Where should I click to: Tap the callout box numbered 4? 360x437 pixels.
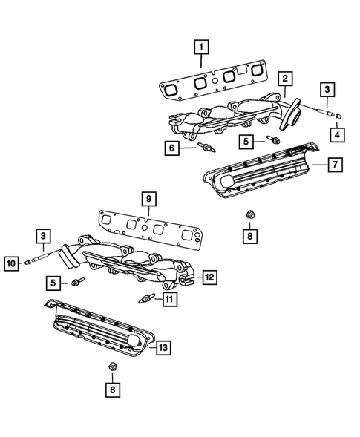click(x=337, y=134)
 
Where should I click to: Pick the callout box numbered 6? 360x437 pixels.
click(x=173, y=148)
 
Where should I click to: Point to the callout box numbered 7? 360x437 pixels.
click(x=335, y=164)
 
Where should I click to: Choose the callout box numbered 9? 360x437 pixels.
click(x=148, y=198)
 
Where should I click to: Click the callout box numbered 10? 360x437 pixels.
click(x=13, y=262)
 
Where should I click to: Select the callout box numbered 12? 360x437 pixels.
click(x=209, y=277)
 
